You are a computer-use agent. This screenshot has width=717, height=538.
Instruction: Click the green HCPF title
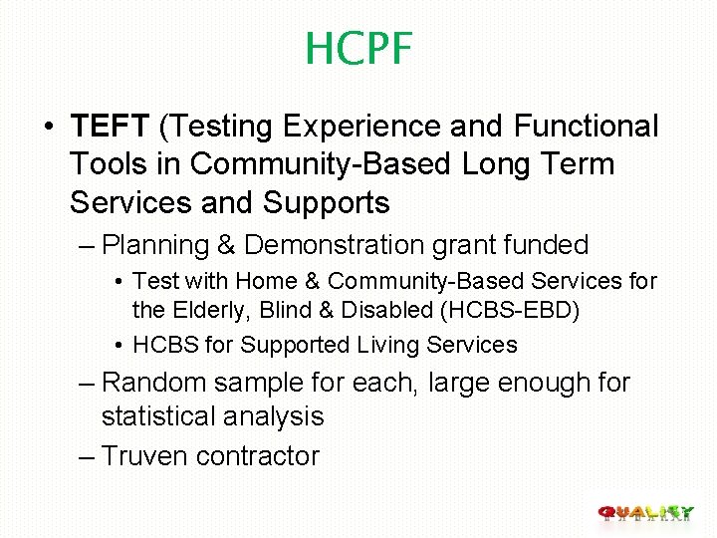pos(358,49)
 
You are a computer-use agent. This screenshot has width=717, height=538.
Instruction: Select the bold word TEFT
pos(110,127)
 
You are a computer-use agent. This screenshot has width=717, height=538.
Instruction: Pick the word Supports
pos(326,202)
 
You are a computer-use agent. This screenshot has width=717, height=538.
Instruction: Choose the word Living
pos(384,346)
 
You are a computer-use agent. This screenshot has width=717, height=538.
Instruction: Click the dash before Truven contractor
pos(86,456)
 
